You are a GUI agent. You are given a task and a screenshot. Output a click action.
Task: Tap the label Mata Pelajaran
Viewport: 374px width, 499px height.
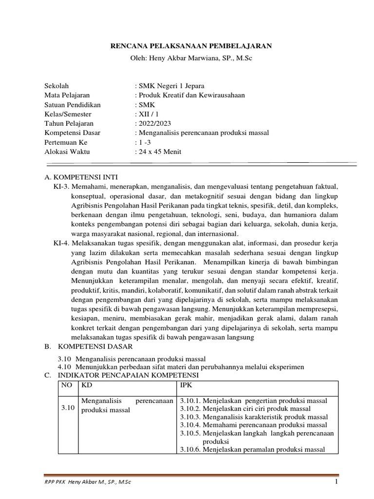click(x=67, y=95)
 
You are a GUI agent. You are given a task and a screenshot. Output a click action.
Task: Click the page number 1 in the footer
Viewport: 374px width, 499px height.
click(x=336, y=482)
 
